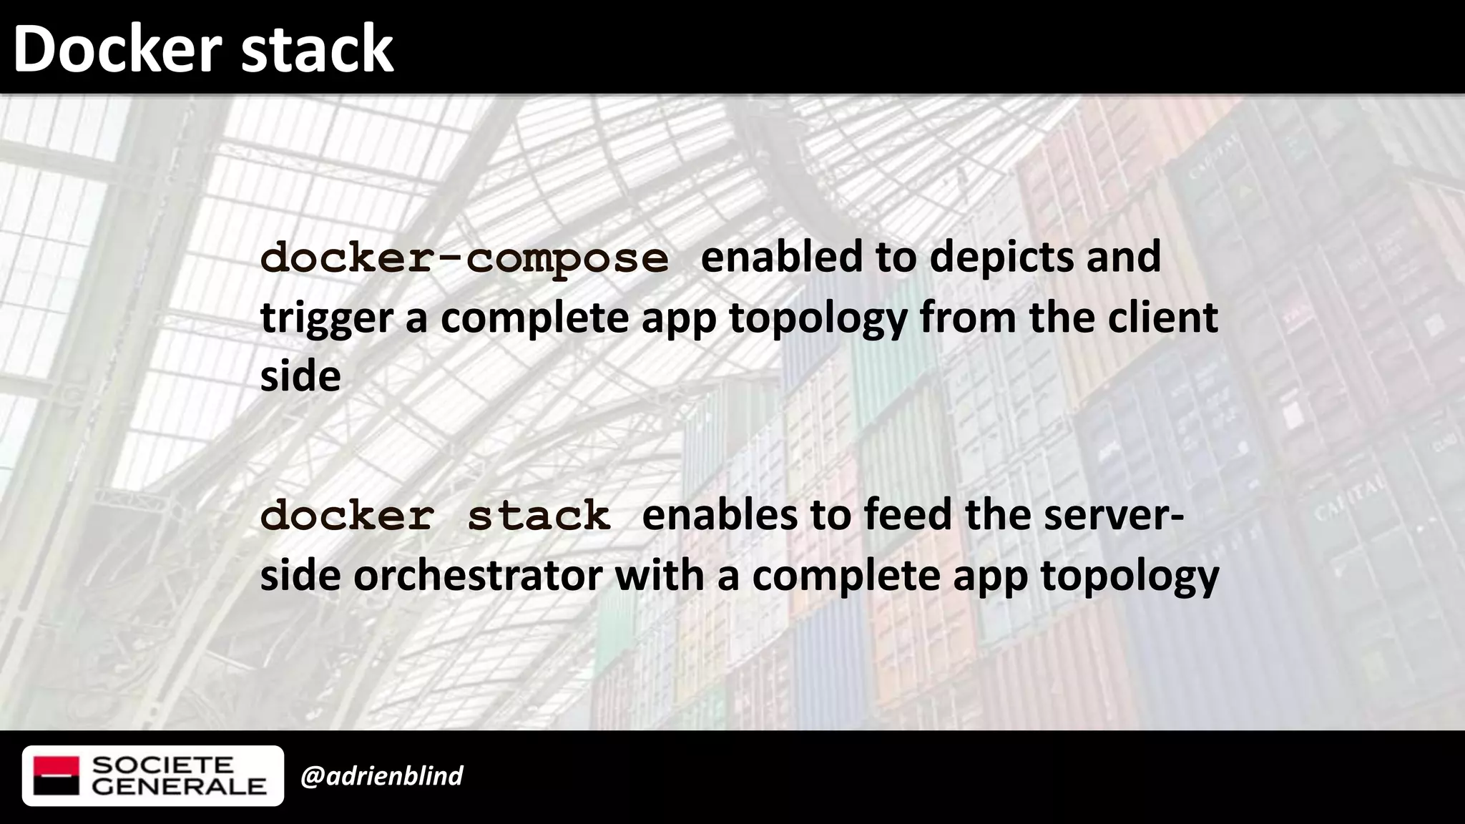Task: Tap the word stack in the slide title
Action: pyautogui.click(x=317, y=49)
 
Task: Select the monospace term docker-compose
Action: pyautogui.click(x=465, y=258)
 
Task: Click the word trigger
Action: pyautogui.click(x=327, y=319)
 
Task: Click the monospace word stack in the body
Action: pyautogui.click(x=539, y=516)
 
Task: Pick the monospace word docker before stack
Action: pyautogui.click(x=347, y=516)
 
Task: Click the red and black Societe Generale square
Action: pyautogui.click(x=57, y=776)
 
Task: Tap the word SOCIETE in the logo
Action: pyautogui.click(x=163, y=765)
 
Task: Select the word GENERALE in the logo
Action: pyautogui.click(x=179, y=787)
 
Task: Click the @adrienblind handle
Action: pyautogui.click(x=382, y=776)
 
